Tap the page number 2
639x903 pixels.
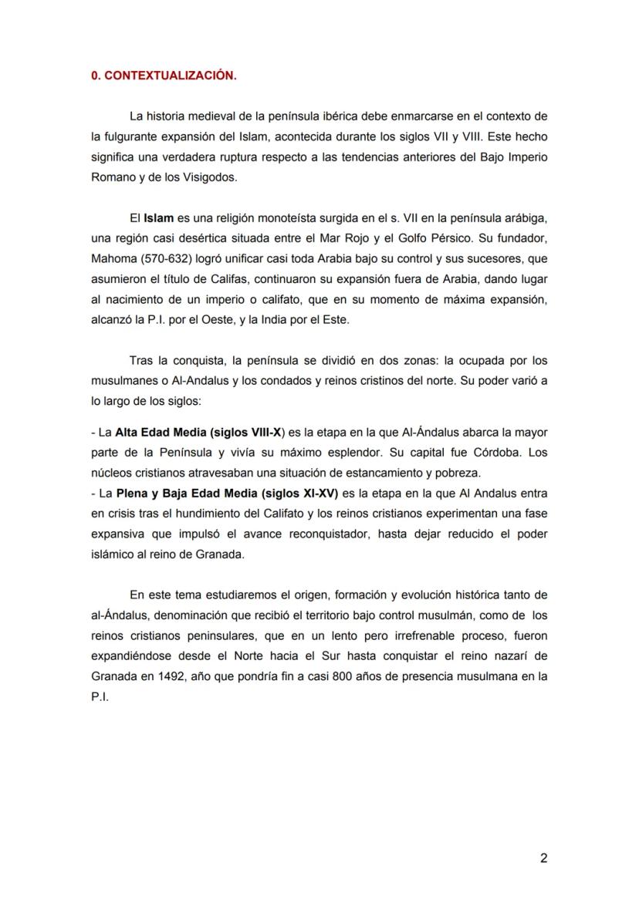[543, 859]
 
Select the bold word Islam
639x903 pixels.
[158, 219]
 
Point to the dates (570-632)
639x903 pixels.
[171, 259]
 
